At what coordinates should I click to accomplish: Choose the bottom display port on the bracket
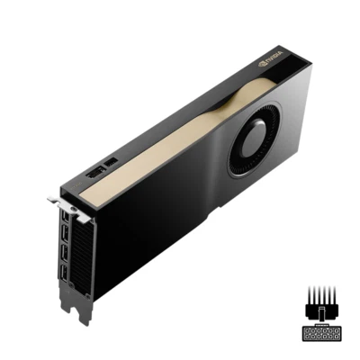pos(66,274)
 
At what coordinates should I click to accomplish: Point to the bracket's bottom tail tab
pos(81,310)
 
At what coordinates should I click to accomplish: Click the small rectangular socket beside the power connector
pos(112,162)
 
